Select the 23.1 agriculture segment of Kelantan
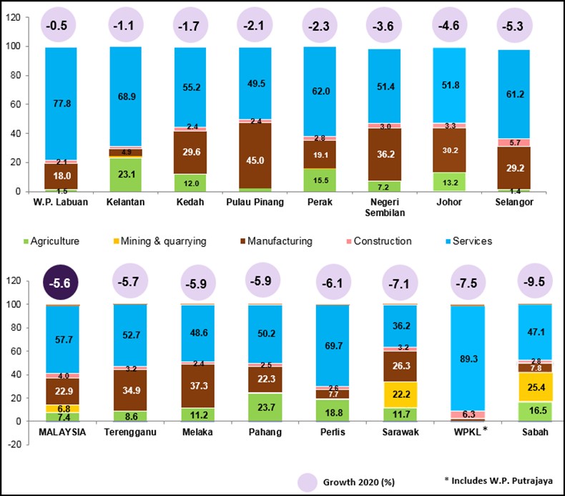tap(126, 174)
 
